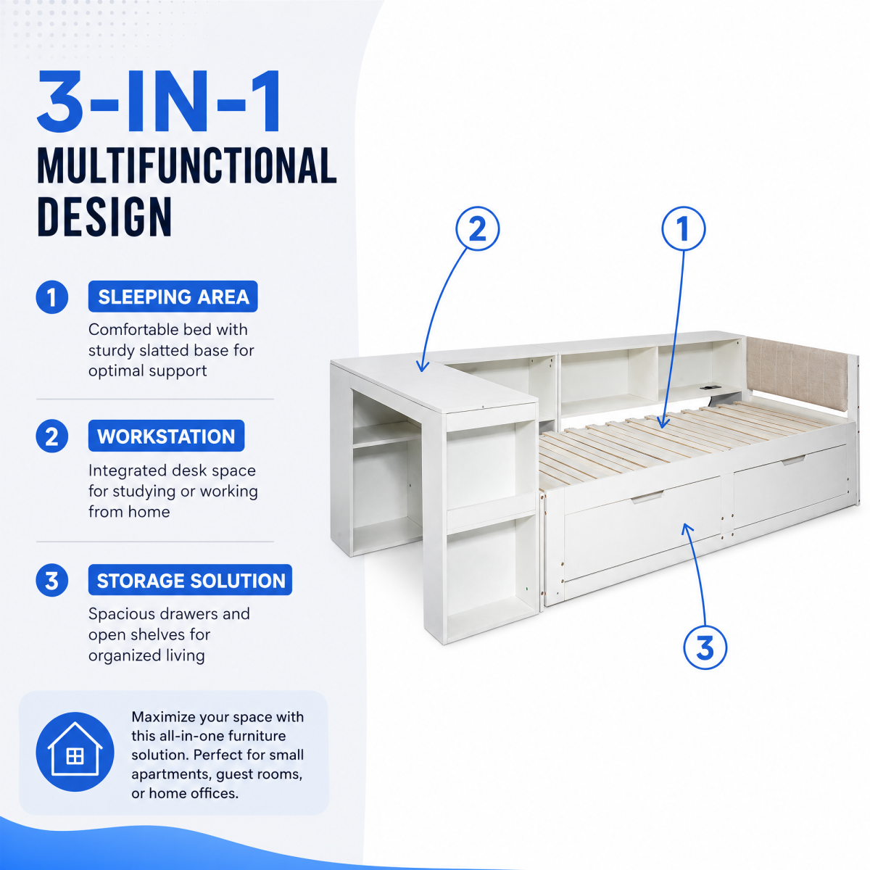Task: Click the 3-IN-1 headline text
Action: [x=159, y=101]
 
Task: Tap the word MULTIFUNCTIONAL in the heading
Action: [x=187, y=166]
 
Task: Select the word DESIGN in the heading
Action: [x=104, y=217]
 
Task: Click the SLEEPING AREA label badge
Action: [x=173, y=297]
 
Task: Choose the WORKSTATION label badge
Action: [x=166, y=436]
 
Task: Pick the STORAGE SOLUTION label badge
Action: [x=190, y=580]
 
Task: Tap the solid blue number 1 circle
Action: [x=52, y=297]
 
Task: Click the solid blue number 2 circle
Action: [x=52, y=436]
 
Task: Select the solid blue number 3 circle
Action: [x=52, y=581]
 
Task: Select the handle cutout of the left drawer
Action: [x=647, y=497]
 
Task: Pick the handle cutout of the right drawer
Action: [x=793, y=460]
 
